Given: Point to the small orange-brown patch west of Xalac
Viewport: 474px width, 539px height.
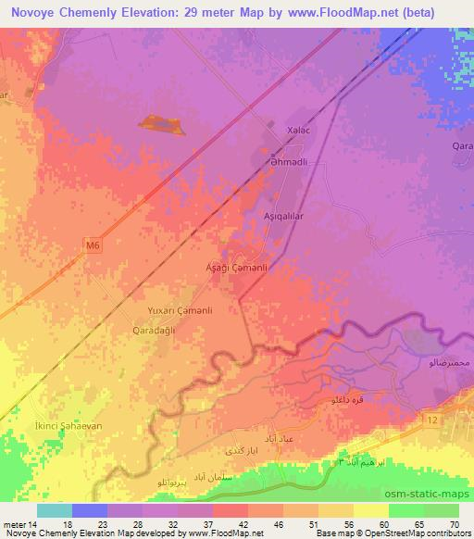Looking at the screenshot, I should (x=161, y=124).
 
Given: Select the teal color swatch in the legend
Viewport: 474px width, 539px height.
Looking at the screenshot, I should (x=54, y=510).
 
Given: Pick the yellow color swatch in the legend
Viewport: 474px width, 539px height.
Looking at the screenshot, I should (x=368, y=510).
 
